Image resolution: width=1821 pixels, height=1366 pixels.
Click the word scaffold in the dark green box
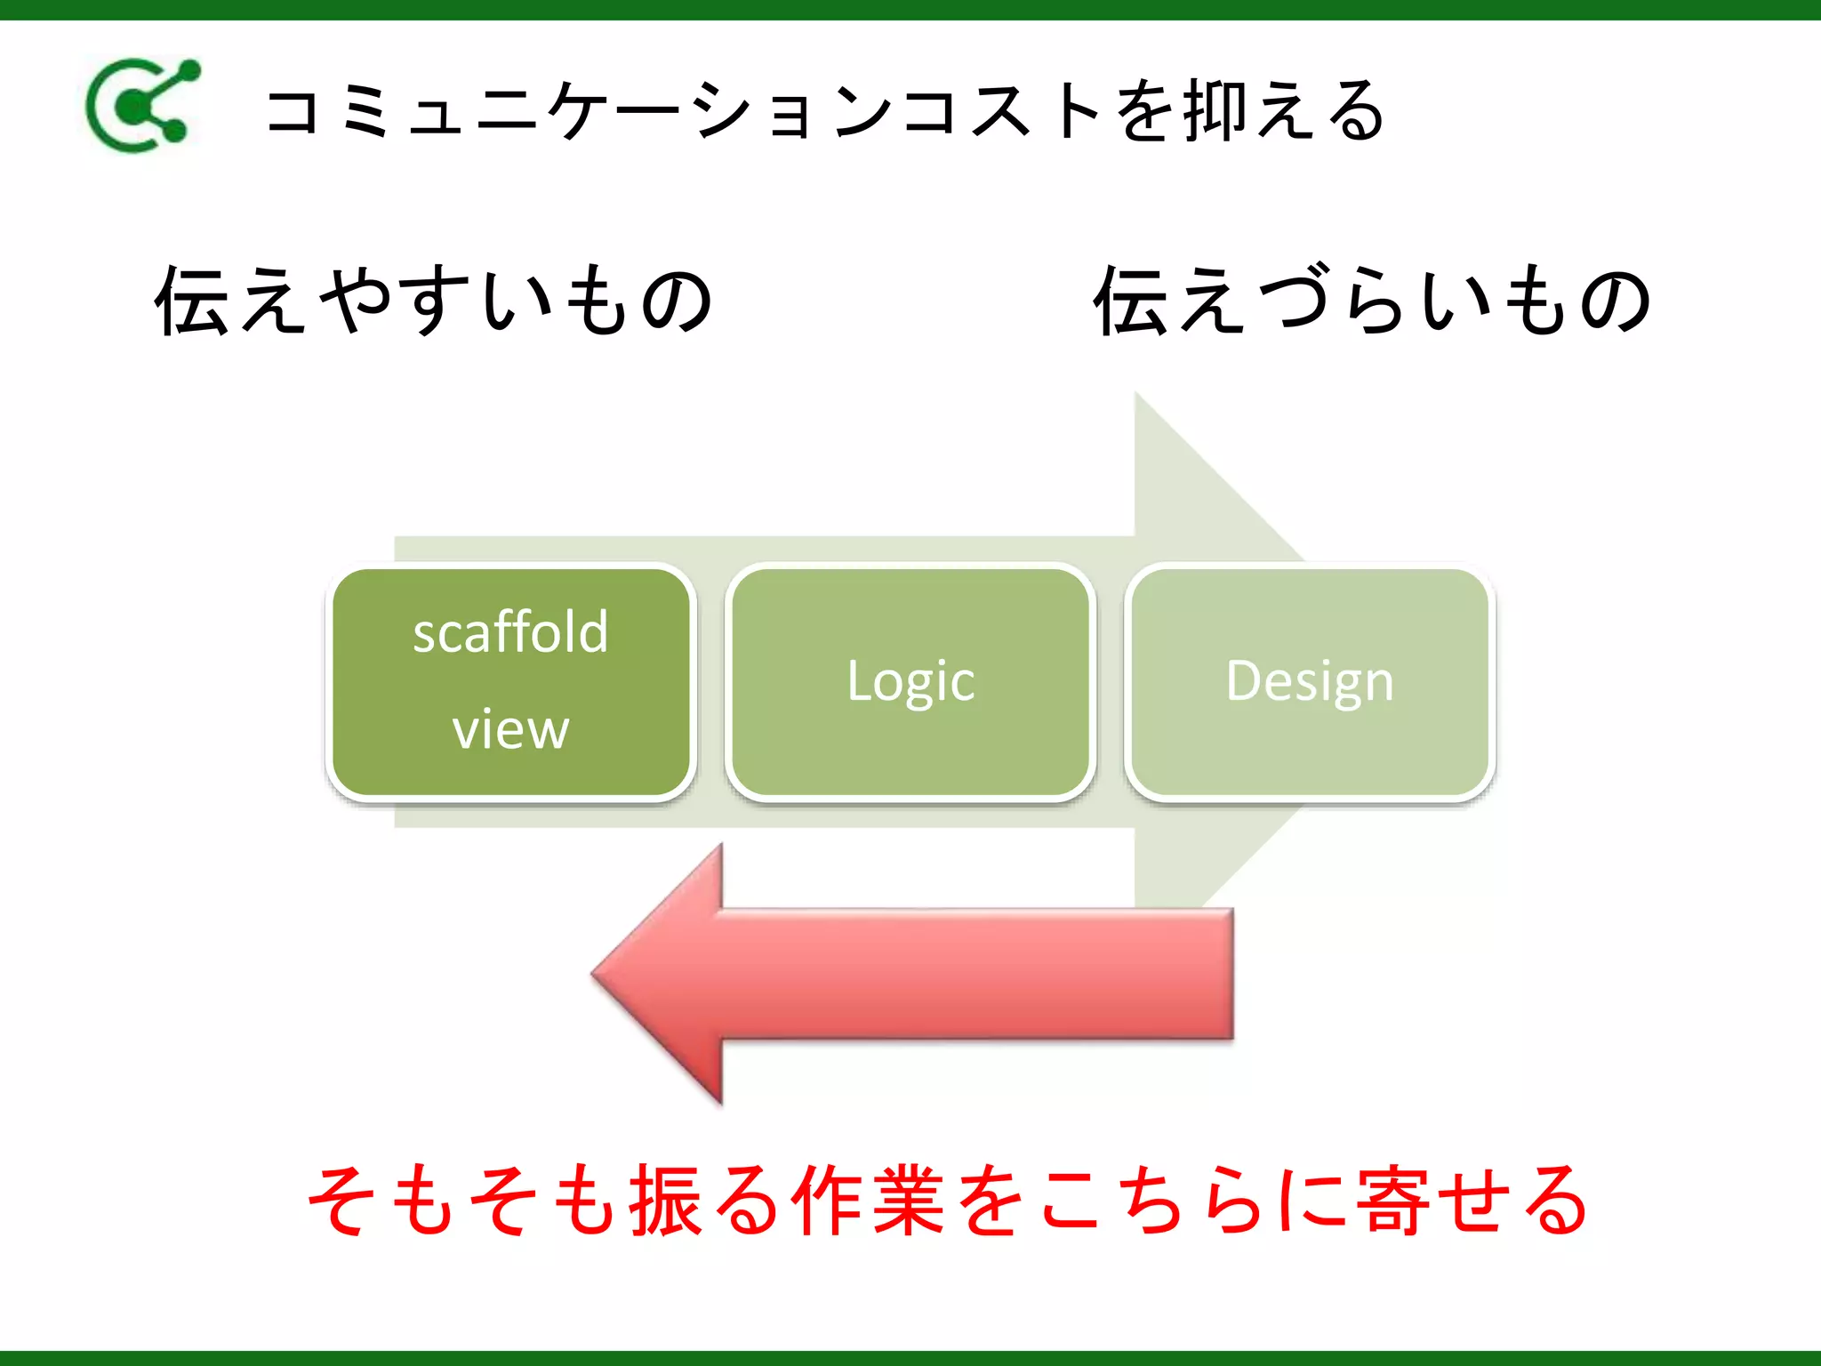510,633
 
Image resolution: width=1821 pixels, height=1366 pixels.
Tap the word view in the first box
510,729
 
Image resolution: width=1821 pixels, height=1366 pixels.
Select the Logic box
910,682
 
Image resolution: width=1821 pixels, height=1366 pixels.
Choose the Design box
1310,682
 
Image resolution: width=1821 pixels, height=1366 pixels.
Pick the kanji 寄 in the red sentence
1392,1201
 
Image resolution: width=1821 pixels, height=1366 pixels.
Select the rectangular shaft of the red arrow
978,974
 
